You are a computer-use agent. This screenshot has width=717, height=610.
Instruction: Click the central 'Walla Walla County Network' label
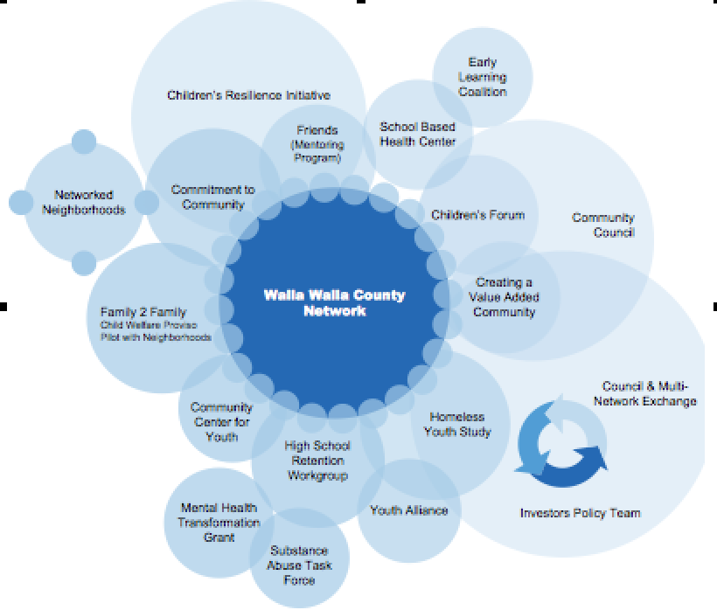(x=334, y=302)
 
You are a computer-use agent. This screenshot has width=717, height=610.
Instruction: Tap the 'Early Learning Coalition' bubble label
(x=482, y=77)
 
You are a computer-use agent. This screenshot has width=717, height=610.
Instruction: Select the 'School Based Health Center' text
(x=417, y=134)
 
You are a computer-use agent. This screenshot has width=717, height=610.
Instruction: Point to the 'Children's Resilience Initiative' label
(x=248, y=95)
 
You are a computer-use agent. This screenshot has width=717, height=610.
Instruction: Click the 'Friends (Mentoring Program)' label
(x=316, y=144)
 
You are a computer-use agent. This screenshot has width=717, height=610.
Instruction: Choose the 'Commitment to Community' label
(x=212, y=197)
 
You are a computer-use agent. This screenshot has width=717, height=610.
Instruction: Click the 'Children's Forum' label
(x=477, y=214)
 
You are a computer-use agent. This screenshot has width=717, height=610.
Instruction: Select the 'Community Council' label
(x=602, y=225)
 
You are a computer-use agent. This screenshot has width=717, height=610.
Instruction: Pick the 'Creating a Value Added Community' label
(x=504, y=297)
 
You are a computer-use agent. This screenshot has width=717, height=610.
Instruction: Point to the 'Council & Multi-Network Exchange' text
(x=649, y=393)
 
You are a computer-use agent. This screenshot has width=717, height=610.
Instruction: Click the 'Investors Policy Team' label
(x=580, y=513)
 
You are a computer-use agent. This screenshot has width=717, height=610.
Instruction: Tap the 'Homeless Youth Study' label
(x=457, y=424)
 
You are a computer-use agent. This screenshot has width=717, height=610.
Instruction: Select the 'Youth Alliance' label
(x=408, y=509)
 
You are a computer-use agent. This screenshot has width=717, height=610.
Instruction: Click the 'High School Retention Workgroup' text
(x=317, y=461)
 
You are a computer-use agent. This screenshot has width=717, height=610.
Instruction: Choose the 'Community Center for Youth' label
(x=221, y=421)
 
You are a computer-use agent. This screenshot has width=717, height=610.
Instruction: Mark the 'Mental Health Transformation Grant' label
(x=207, y=522)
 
